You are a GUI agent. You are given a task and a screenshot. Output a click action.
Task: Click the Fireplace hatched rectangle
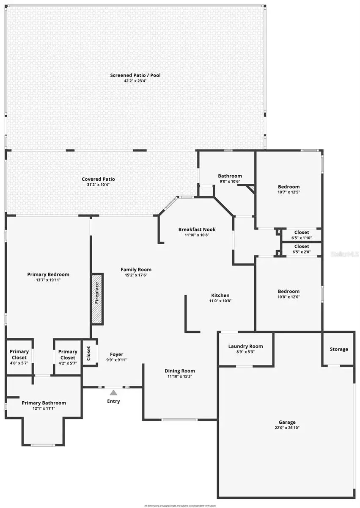96,299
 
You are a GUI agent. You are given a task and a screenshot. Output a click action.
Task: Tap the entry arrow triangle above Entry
113,392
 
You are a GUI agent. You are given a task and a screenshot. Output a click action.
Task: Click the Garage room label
287,422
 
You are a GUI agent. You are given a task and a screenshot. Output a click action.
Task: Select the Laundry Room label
245,346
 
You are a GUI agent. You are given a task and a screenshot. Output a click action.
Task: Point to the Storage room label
339,349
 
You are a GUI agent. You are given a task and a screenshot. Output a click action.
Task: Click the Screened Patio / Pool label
135,75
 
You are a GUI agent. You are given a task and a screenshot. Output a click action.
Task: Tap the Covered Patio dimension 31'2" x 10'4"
98,185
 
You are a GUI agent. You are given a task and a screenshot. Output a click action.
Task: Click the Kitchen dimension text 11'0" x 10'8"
220,301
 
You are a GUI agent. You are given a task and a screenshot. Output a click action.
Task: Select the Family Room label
136,269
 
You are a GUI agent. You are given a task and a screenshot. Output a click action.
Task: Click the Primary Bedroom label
47,274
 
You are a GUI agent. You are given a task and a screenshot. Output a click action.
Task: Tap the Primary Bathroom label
44,403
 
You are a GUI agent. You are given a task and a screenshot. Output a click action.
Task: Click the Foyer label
116,354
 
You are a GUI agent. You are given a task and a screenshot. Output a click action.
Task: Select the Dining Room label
180,371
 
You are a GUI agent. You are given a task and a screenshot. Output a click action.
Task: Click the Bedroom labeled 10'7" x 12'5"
289,187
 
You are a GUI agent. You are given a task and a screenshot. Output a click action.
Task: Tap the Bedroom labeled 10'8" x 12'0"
289,291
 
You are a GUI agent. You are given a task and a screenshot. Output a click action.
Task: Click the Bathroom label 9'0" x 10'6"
230,176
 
